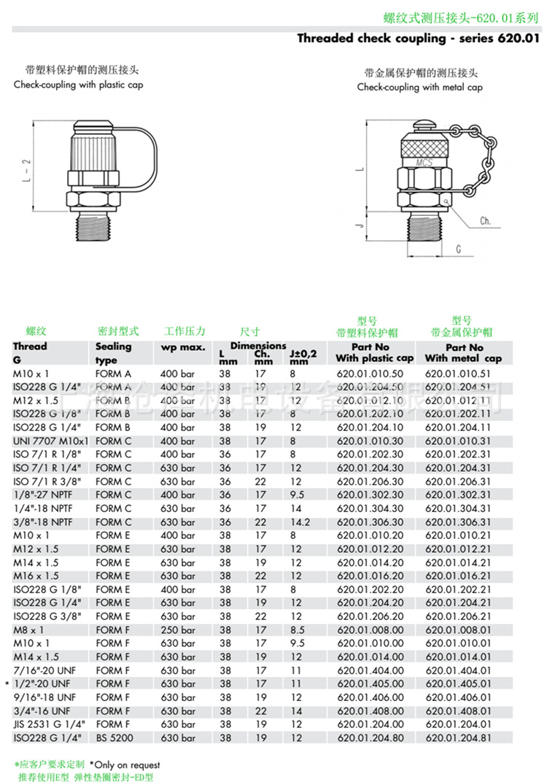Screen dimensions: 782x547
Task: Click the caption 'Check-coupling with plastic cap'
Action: tap(79, 85)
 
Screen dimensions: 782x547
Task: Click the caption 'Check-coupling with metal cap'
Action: tap(420, 87)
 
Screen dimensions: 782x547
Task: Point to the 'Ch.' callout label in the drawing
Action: tap(485, 220)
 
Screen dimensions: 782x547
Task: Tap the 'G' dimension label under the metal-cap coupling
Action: tap(458, 249)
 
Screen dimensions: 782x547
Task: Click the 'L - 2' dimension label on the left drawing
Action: tap(27, 170)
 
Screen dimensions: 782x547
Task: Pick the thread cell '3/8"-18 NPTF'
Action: tap(42, 522)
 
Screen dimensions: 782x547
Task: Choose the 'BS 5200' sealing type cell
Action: tap(114, 738)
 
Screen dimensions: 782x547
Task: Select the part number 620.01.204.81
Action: tap(458, 738)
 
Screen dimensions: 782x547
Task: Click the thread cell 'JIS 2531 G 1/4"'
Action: tap(48, 724)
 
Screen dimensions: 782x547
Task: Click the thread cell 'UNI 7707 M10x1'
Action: tap(50, 441)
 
